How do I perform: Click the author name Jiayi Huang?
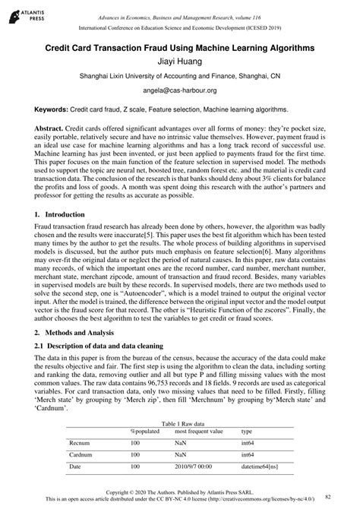(180, 61)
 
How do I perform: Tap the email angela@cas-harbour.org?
(180, 90)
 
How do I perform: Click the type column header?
(247, 431)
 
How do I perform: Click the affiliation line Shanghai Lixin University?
(180, 76)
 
